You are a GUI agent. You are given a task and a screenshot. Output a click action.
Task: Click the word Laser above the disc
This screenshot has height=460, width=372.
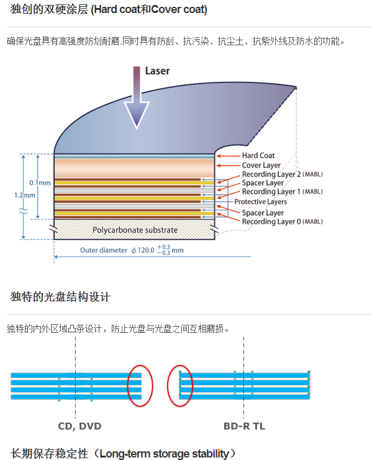click(x=157, y=71)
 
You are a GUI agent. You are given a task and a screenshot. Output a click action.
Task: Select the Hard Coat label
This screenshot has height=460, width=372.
click(x=258, y=156)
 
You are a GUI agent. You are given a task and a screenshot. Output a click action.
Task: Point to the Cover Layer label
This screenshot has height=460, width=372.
click(x=261, y=165)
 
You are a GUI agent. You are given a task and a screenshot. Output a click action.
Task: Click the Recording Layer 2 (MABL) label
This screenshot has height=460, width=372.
click(x=283, y=174)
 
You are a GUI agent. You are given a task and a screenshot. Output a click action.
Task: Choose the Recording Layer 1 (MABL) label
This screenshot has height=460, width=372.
click(x=283, y=192)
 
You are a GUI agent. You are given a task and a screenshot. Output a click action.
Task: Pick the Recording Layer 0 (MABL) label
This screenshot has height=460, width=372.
click(x=283, y=221)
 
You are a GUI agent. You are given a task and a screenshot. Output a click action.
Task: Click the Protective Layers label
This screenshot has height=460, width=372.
click(x=261, y=201)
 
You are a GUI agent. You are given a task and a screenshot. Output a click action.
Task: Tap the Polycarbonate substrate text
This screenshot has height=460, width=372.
click(x=135, y=230)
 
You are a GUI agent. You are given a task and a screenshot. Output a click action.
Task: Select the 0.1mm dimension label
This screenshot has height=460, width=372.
click(x=40, y=183)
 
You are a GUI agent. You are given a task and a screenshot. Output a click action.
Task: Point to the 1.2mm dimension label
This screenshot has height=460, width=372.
click(x=25, y=195)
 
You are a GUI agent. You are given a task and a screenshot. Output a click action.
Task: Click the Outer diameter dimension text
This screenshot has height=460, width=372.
click(x=132, y=250)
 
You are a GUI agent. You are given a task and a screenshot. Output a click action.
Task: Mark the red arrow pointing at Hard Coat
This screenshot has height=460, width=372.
click(x=229, y=156)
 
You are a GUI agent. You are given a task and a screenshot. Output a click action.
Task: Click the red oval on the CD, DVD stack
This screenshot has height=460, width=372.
click(x=140, y=366)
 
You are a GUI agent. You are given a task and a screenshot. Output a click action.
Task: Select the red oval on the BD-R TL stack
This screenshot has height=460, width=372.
click(x=180, y=366)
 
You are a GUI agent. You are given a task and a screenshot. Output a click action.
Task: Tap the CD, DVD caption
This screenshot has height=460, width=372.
click(x=79, y=426)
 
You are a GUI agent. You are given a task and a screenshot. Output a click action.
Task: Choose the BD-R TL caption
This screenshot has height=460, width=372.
click(x=245, y=426)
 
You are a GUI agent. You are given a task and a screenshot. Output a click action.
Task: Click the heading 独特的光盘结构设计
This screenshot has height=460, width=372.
click(x=60, y=297)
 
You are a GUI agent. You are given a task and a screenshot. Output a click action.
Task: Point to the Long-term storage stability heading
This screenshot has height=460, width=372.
click(x=124, y=454)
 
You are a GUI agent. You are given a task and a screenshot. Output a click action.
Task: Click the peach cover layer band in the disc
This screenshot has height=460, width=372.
click(x=134, y=168)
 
